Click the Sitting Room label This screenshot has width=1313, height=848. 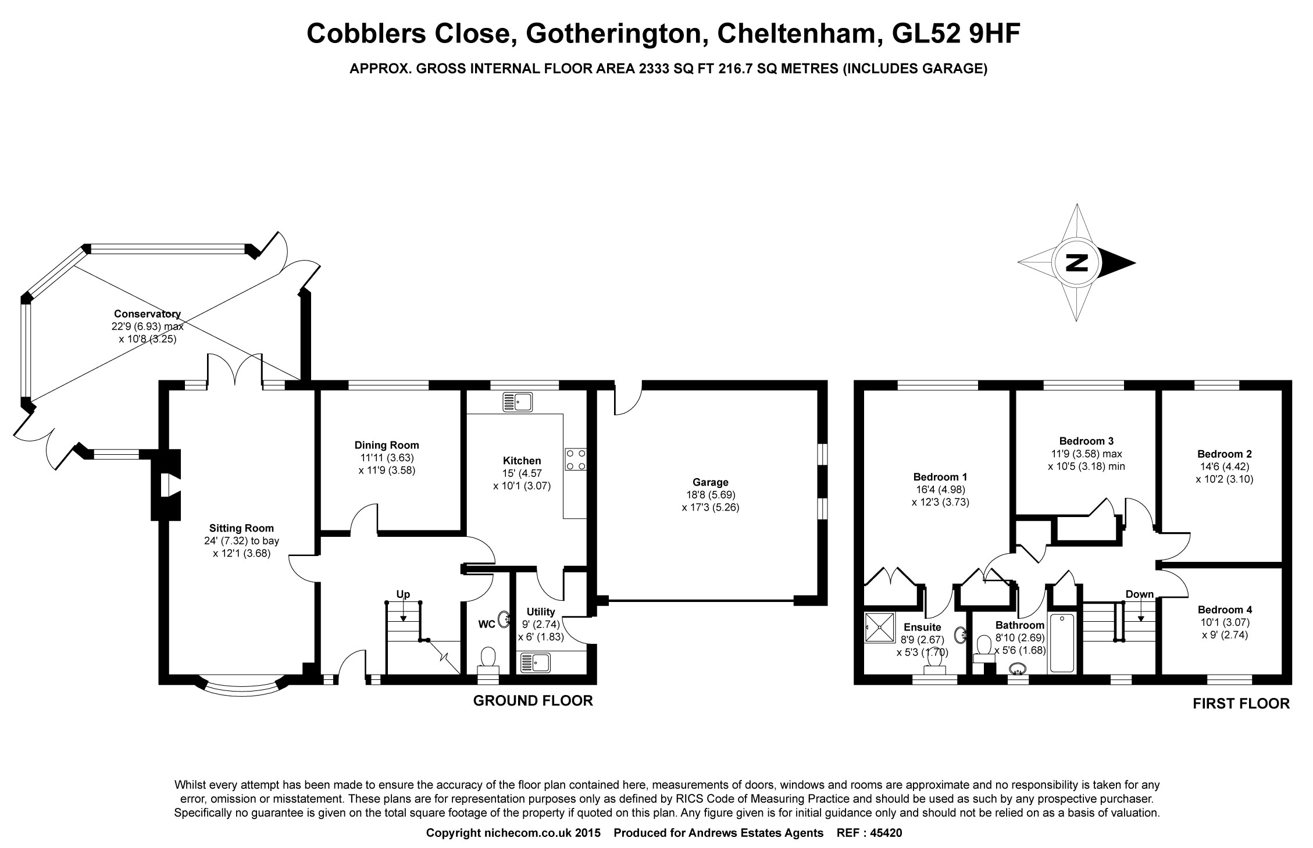coord(241,529)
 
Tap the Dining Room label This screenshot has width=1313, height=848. coord(387,446)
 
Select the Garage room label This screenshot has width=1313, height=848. coord(710,482)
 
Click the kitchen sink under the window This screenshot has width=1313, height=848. coord(518,402)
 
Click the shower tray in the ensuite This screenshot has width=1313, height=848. coord(880,627)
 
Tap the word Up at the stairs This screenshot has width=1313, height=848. coord(403,594)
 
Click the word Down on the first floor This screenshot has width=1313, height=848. coord(1139,594)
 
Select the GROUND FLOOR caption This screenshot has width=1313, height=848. coord(533,701)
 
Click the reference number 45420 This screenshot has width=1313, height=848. coord(886,833)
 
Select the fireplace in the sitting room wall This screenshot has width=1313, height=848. coord(166,484)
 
